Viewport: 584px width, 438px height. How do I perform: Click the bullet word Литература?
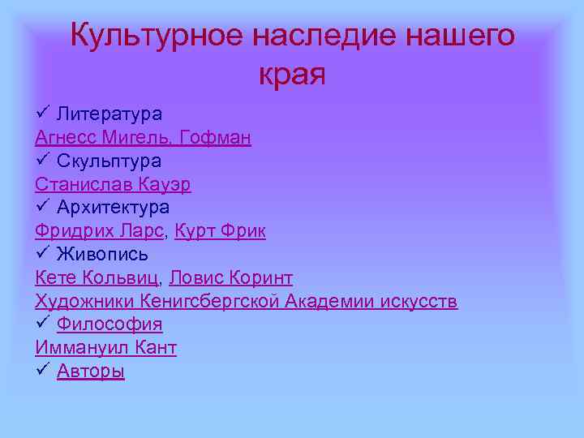pos(109,114)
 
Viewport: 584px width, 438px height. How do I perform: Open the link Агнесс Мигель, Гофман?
pos(143,138)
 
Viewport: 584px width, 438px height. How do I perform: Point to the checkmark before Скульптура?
pos(43,161)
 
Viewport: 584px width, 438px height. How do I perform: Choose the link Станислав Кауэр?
pos(113,184)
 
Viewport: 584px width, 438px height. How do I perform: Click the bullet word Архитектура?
pos(113,208)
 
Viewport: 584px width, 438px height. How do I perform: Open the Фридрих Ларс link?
pos(100,231)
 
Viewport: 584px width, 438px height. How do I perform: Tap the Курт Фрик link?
pos(220,231)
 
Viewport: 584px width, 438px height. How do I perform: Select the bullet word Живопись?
pos(102,255)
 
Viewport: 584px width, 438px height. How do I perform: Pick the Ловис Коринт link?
pos(231,278)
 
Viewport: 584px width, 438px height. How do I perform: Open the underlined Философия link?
pos(109,324)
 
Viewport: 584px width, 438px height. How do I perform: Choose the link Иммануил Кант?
pos(105,348)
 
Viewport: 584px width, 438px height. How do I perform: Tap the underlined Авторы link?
pos(91,371)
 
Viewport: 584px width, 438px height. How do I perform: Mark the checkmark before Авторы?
pos(43,371)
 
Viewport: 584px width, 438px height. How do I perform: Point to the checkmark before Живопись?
pos(43,254)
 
